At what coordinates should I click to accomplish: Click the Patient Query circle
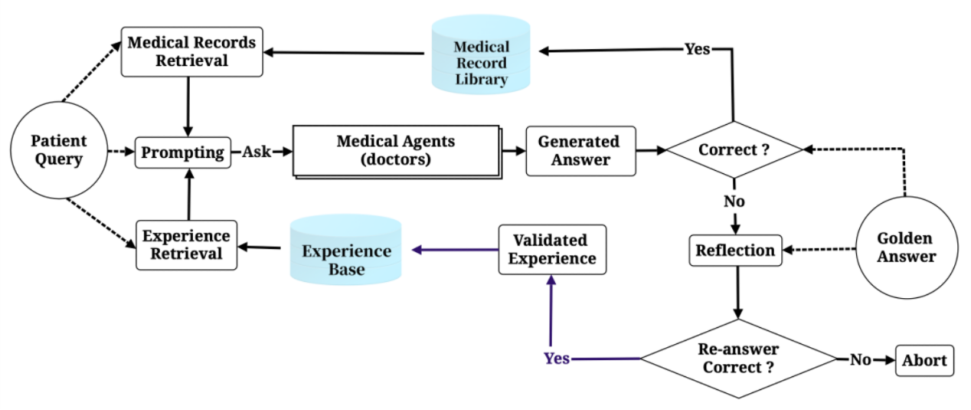(59, 151)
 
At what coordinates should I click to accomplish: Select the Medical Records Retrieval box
(191, 51)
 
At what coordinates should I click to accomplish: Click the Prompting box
(183, 152)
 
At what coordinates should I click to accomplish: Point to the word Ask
(257, 152)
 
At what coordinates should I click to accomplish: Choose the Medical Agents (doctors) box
(396, 151)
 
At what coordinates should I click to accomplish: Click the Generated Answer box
(579, 151)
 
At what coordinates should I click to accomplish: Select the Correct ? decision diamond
(734, 150)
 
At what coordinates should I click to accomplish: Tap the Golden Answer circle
(906, 247)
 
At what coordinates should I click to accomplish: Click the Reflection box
(735, 250)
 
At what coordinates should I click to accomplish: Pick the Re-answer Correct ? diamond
(737, 358)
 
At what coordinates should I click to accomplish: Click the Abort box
(924, 359)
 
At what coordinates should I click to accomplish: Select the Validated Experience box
(551, 249)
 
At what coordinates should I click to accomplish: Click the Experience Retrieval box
(186, 244)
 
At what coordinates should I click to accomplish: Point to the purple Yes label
(557, 358)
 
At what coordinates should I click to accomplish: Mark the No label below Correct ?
(734, 202)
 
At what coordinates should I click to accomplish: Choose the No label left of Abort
(860, 359)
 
